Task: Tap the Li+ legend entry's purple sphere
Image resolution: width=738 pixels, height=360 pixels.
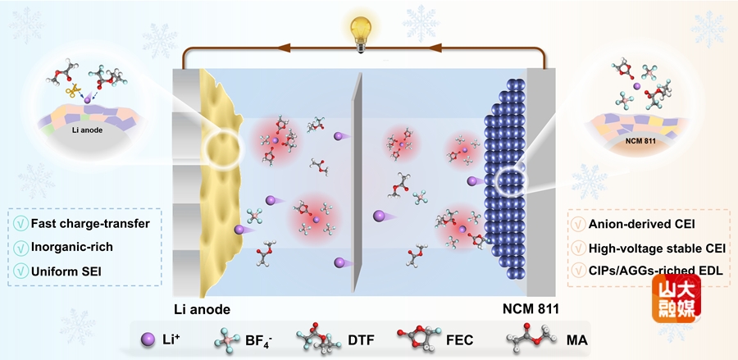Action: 148,339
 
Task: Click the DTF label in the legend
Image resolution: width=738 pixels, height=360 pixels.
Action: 361,339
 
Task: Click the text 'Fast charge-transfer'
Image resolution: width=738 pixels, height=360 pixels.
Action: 90,224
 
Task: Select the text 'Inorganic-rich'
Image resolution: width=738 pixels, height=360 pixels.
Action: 72,247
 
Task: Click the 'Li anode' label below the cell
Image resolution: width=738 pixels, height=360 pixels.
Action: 203,309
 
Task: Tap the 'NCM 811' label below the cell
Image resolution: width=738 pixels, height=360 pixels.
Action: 530,309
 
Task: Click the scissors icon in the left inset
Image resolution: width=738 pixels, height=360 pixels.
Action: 72,90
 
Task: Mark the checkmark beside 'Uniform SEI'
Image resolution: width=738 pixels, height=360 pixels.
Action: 20,271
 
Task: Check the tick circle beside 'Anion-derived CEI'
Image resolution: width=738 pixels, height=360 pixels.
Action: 577,224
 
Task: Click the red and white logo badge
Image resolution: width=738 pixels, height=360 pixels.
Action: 676,298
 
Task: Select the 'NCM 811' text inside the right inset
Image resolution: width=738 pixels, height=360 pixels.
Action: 641,140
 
